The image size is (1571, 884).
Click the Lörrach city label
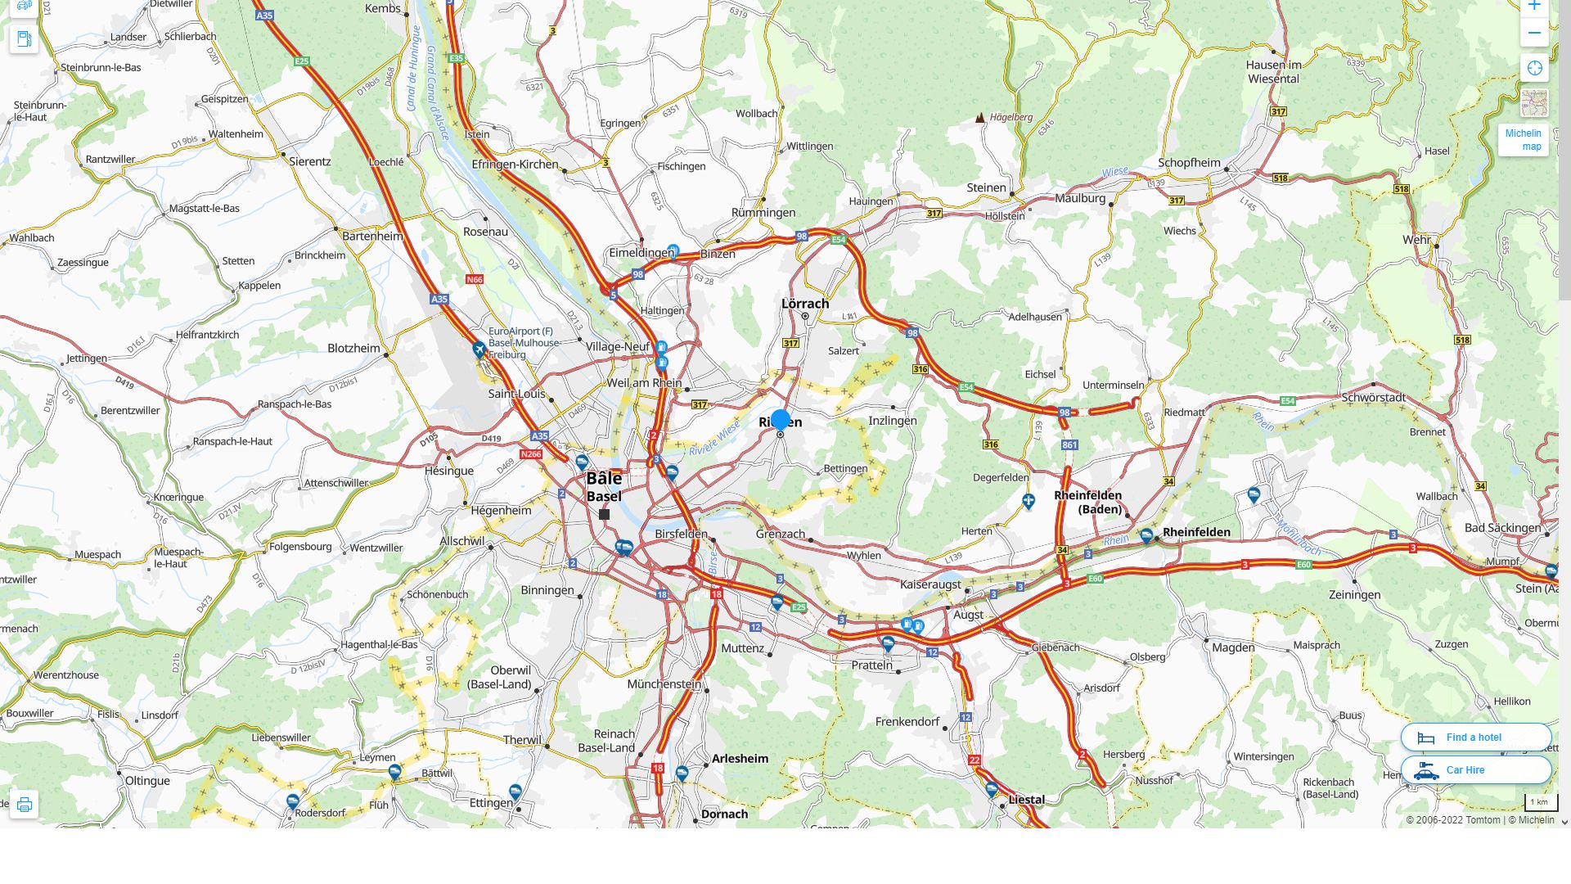coord(805,304)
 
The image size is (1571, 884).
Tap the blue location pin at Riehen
coord(781,420)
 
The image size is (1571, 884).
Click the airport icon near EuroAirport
coord(479,350)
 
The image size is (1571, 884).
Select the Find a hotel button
coord(1475,737)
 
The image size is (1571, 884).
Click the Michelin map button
coord(1523,140)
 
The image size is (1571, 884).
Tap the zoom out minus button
coord(1534,34)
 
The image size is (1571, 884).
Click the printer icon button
coord(24,805)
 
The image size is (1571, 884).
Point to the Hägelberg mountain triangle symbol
coord(980,118)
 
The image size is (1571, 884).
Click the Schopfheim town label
coord(1189,163)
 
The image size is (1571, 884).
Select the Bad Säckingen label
coord(1502,528)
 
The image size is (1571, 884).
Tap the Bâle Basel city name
coord(604,487)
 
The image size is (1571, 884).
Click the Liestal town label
coord(1026,800)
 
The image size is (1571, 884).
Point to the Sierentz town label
coord(310,161)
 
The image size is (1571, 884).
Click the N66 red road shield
coord(475,279)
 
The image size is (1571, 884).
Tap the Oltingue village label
coord(147,781)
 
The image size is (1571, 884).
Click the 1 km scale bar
coord(1540,803)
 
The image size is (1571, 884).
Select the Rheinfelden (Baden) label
coord(1088,502)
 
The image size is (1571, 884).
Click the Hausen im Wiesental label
coord(1273,72)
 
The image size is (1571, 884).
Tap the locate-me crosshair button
coord(1534,69)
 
